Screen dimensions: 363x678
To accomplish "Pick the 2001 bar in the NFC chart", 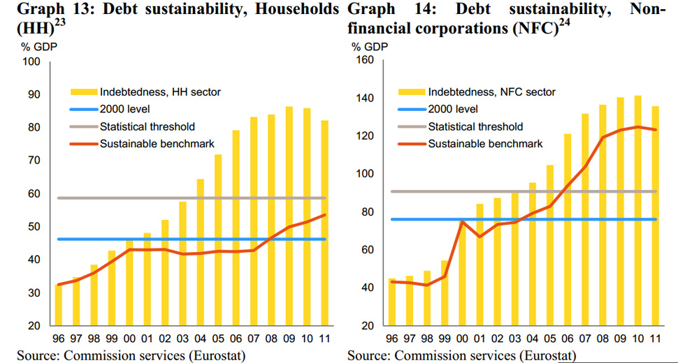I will [x=480, y=265].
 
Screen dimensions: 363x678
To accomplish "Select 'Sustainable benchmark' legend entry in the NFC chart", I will [x=485, y=144].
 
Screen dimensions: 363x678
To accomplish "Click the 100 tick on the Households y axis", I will [x=34, y=61].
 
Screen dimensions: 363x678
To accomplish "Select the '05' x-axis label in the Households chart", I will [x=218, y=340].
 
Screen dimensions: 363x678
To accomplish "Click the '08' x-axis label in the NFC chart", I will [x=602, y=340].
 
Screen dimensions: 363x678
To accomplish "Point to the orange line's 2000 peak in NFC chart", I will [x=462, y=222].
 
